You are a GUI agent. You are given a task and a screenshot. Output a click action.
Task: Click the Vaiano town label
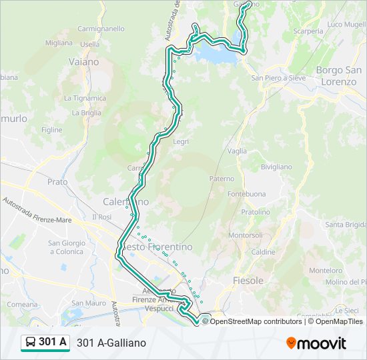83,61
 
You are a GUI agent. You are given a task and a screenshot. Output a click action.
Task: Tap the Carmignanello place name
101,29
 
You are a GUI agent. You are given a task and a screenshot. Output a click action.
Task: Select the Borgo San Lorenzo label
339,76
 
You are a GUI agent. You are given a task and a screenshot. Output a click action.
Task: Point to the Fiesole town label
248,281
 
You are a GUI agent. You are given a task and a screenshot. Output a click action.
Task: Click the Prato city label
57,181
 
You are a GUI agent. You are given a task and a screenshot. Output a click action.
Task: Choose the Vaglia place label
237,151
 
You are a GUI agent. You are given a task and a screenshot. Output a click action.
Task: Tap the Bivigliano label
276,167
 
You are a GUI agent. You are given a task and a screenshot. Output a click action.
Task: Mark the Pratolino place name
256,212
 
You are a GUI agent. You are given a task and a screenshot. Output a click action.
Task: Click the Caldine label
264,252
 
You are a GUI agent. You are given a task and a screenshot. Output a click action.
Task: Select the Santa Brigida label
345,225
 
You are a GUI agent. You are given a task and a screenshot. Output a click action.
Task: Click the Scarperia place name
308,31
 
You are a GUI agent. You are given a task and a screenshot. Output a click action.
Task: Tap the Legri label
181,141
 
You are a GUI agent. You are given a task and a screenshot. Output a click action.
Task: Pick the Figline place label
51,130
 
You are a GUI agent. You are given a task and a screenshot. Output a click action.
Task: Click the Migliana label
59,43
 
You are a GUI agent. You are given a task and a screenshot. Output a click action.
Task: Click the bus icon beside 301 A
31,343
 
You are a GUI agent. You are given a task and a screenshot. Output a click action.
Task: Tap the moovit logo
316,343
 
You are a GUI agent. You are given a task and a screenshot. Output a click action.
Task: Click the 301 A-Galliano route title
111,343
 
